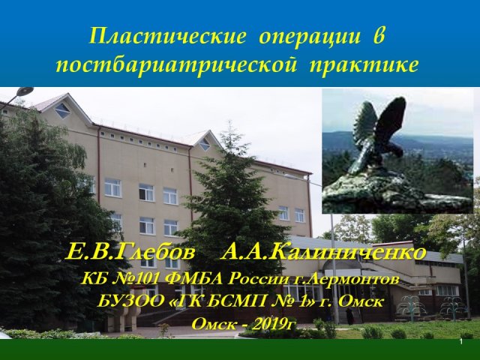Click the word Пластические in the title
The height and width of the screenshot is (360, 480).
point(168,37)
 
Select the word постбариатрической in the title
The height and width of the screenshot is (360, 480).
point(176,64)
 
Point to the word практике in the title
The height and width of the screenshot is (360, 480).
point(364,66)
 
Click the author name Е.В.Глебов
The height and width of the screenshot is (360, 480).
point(130,253)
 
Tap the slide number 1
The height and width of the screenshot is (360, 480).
point(461,342)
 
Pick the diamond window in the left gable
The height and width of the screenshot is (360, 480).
point(62,110)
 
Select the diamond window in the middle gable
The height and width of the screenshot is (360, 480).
point(205,144)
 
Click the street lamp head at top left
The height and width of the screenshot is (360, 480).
point(25,91)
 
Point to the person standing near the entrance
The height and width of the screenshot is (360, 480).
point(349,315)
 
